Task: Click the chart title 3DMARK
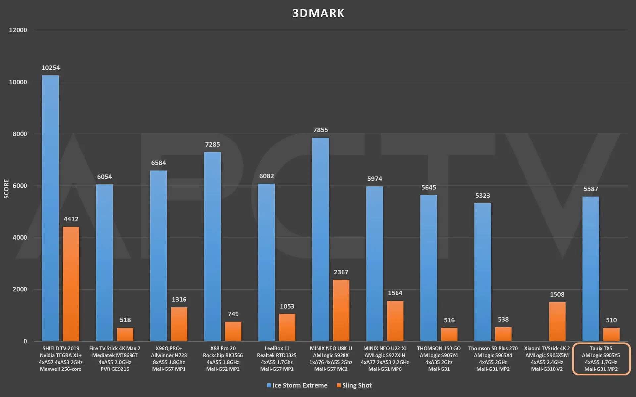[318, 13]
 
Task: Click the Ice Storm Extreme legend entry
[297, 385]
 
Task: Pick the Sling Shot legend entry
[354, 385]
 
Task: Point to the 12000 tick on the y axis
[18, 30]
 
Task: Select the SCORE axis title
[6, 189]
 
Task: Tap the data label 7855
[320, 130]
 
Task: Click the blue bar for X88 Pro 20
[212, 247]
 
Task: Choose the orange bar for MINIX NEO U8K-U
[341, 310]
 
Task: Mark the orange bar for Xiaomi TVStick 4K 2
[557, 321]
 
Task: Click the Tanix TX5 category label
[601, 359]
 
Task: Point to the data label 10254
[50, 68]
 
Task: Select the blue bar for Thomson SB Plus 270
[482, 272]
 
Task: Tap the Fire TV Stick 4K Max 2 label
[115, 359]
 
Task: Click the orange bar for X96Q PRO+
[179, 324]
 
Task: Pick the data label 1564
[395, 293]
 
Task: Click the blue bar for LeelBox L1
[266, 262]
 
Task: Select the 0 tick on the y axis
[25, 341]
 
